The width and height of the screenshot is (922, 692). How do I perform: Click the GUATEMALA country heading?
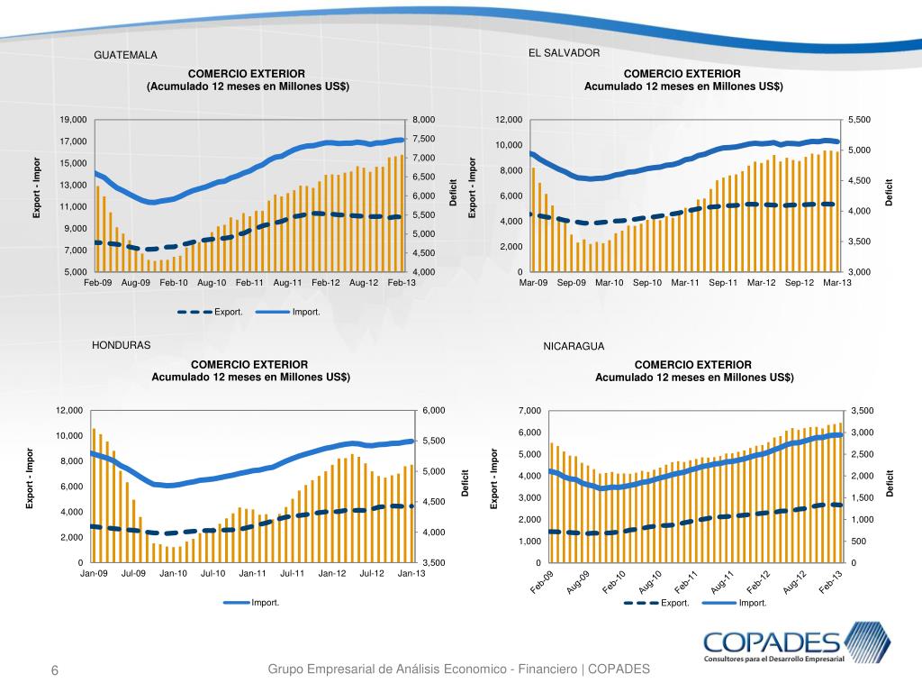[125, 56]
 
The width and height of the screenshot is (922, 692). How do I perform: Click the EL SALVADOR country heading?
[564, 53]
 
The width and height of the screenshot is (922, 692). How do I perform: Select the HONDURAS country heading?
[122, 345]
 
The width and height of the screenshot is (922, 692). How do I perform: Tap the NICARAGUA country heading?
[574, 346]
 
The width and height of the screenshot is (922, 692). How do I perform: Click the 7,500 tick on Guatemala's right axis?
[423, 139]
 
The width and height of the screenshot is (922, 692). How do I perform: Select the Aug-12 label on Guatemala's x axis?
[363, 283]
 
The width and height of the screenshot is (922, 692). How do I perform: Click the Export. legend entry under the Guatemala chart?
[228, 313]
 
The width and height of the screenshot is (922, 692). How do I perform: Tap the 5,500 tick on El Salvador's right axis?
[860, 120]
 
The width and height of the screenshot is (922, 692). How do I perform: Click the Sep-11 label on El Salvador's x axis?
[723, 283]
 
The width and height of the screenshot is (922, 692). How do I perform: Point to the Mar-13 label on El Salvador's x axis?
[836, 283]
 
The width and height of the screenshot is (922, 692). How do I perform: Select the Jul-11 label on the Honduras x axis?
[293, 573]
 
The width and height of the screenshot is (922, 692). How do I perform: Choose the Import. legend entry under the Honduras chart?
[265, 603]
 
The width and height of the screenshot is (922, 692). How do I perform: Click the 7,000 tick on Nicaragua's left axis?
[531, 411]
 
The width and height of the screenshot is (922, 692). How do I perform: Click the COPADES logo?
[796, 646]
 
